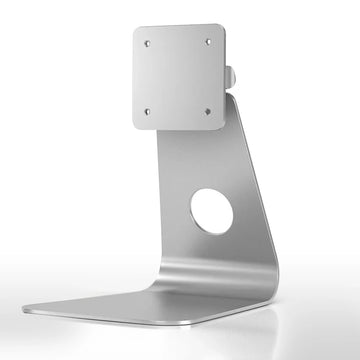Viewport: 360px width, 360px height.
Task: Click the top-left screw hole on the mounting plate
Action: tap(147, 43)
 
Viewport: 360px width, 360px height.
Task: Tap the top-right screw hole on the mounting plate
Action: tap(208, 41)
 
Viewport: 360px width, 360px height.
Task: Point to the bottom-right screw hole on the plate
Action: tap(209, 110)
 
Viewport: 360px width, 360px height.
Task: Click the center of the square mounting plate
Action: tap(178, 77)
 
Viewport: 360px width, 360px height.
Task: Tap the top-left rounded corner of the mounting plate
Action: tap(137, 31)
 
